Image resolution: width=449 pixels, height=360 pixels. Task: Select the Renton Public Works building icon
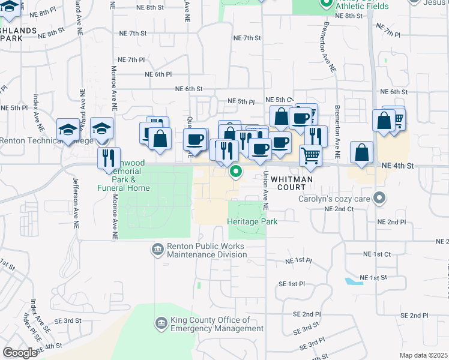point(157,249)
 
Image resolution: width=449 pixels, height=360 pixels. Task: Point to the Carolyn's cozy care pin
point(378,197)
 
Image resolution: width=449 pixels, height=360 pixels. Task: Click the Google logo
point(20,353)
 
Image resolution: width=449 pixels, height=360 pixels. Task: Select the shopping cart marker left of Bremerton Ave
point(310,155)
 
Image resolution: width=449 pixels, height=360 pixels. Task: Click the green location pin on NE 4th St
point(236,173)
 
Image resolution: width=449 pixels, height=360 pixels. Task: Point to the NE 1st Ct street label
point(375,254)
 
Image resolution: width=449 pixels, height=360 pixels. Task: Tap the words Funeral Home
point(123,188)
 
